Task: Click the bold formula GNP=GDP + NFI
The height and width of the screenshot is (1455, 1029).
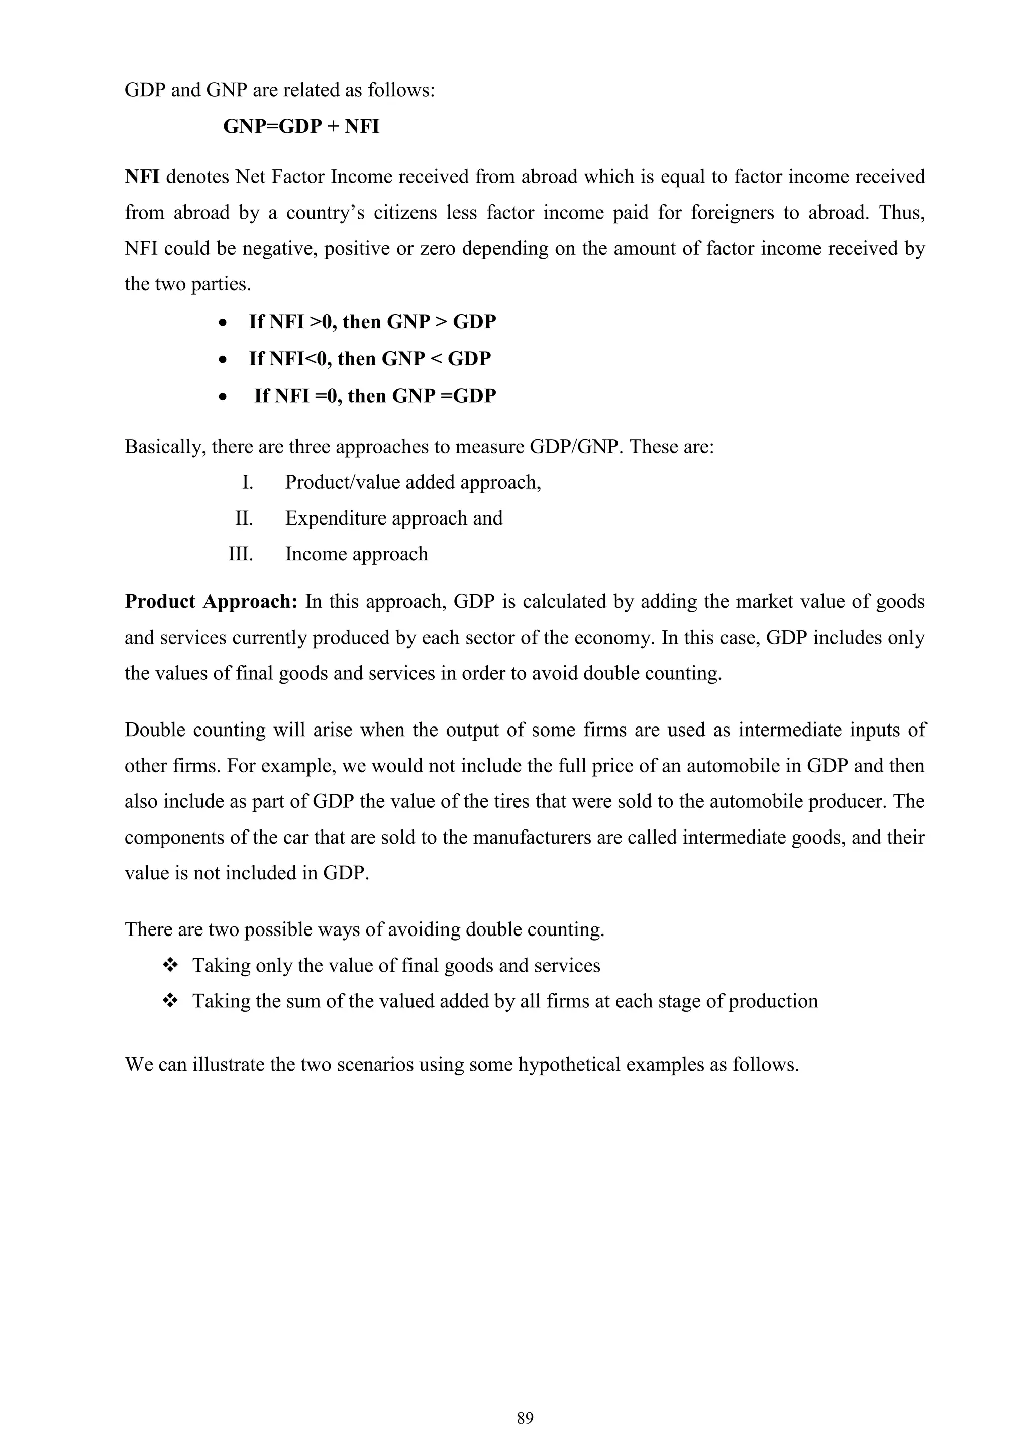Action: (301, 126)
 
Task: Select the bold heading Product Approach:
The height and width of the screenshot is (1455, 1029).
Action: (211, 601)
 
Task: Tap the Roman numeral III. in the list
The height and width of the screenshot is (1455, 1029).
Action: (241, 554)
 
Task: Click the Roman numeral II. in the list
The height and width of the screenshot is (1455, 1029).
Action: (244, 518)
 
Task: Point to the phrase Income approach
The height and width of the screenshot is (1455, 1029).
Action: (356, 554)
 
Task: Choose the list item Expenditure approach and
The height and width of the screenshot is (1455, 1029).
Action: (393, 518)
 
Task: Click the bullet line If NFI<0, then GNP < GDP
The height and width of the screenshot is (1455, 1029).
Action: (369, 359)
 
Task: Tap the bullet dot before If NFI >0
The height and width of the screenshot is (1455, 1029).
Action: (223, 323)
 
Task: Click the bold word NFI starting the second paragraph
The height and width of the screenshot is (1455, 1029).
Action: (142, 177)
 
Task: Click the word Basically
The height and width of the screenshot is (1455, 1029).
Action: (165, 447)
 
